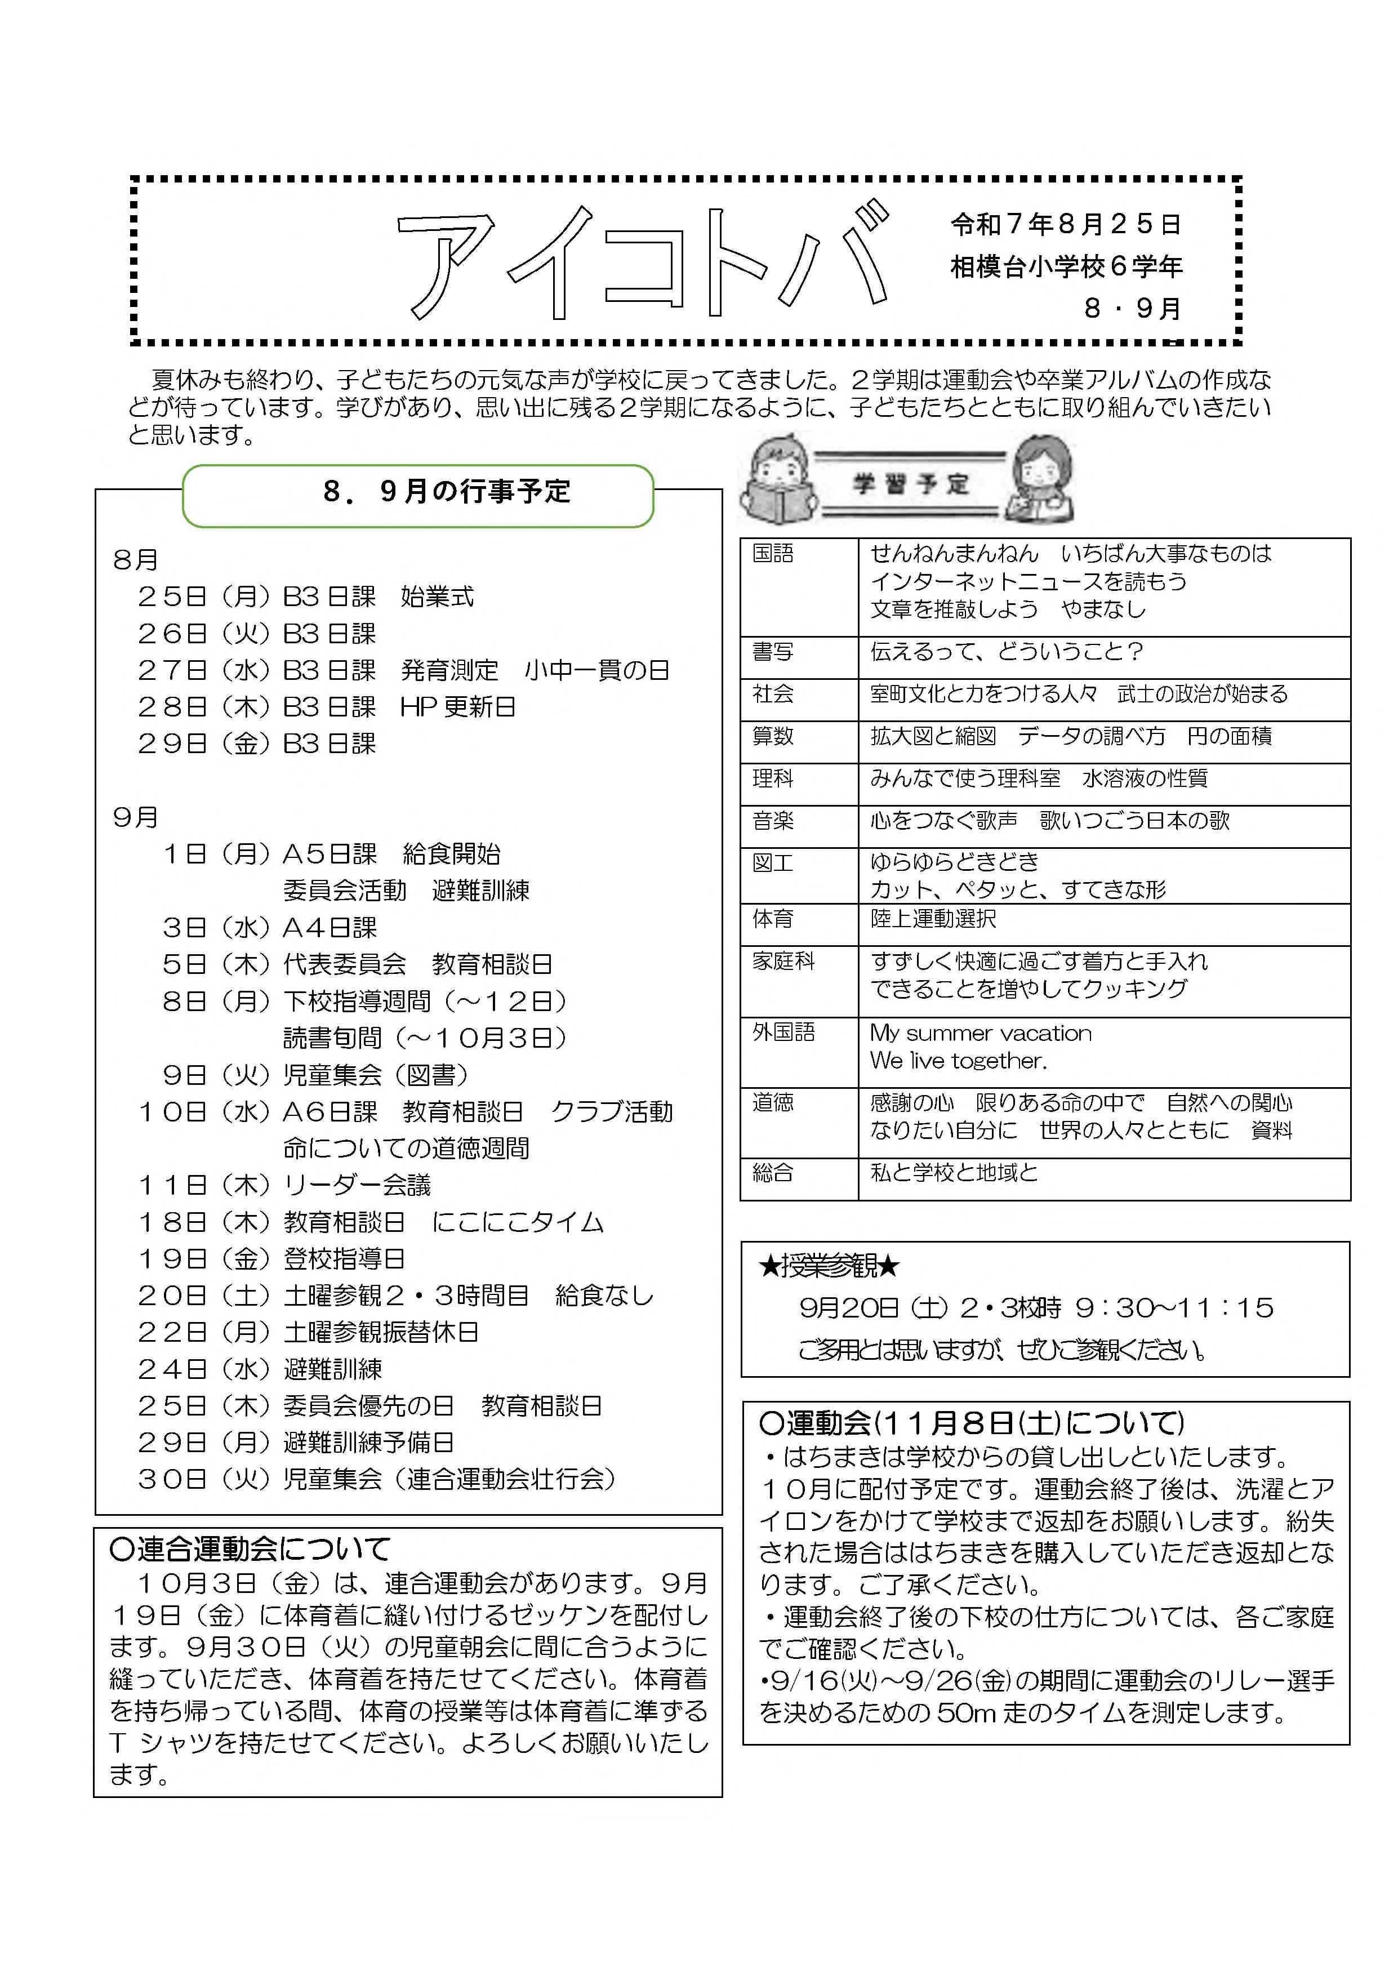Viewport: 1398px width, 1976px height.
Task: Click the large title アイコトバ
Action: [x=642, y=262]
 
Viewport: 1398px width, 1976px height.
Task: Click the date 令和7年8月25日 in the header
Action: [x=1065, y=225]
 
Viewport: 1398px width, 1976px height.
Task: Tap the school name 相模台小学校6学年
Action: [x=1066, y=267]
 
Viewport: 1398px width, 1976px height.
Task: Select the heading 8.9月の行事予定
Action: [x=446, y=491]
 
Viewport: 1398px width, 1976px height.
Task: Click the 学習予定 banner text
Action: [x=910, y=484]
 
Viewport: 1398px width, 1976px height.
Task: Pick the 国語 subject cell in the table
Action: [x=772, y=553]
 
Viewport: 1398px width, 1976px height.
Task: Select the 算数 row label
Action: [x=772, y=736]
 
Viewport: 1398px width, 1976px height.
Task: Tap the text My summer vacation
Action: [x=981, y=1032]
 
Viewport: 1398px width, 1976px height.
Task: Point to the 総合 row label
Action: [x=772, y=1172]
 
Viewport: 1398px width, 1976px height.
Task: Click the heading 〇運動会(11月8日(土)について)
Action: [x=972, y=1423]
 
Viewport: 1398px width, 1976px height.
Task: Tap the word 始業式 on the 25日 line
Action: [x=437, y=597]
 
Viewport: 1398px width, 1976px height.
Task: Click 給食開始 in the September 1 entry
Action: [x=451, y=854]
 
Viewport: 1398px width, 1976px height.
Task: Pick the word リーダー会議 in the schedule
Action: [x=357, y=1186]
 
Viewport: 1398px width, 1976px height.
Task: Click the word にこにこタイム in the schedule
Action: [x=518, y=1222]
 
